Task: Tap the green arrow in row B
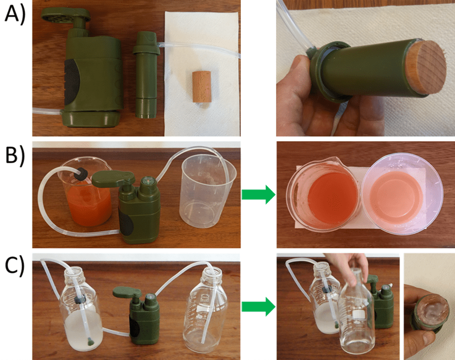pos(258,194)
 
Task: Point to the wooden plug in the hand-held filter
pos(425,67)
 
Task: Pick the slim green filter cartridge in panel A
pos(146,75)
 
